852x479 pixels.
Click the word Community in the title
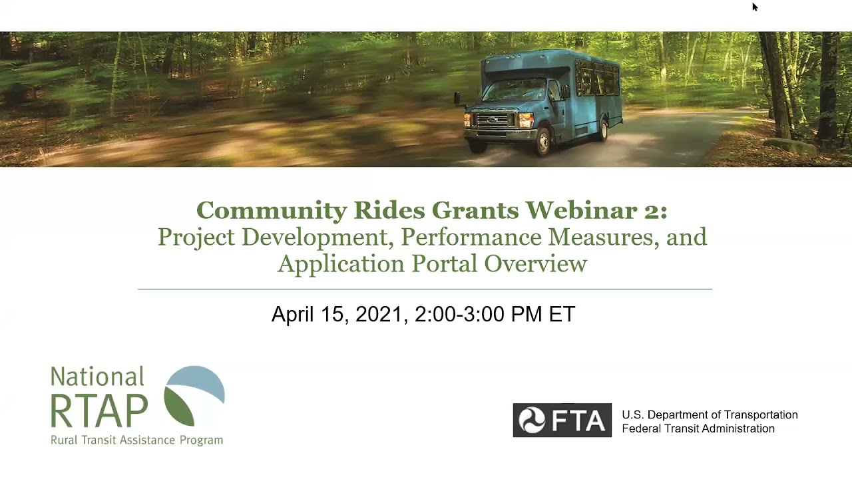272,211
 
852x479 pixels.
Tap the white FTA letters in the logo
578,420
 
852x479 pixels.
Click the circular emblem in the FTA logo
532,420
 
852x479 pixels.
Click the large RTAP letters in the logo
99,410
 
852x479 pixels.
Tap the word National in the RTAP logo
97,377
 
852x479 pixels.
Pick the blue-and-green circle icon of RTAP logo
194,396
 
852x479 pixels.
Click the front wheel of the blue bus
544,140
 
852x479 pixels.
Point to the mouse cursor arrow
754,7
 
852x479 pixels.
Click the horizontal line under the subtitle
425,289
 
